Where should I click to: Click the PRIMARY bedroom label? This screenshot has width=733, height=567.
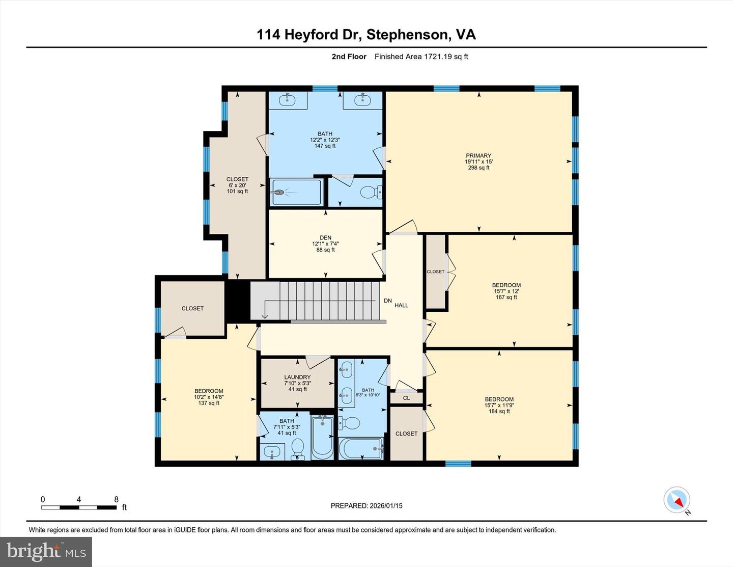[x=478, y=156]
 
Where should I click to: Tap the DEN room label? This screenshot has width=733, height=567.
[x=325, y=237]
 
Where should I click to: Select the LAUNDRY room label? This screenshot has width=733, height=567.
[x=297, y=377]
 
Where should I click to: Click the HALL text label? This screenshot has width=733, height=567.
[x=401, y=305]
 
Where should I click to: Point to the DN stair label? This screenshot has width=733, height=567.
[x=387, y=301]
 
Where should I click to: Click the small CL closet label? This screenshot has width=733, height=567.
[x=406, y=398]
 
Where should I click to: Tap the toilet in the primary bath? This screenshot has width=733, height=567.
[x=369, y=192]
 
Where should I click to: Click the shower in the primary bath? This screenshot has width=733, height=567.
[x=296, y=192]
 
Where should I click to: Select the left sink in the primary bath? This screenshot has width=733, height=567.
[x=288, y=99]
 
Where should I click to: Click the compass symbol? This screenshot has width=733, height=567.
[x=677, y=500]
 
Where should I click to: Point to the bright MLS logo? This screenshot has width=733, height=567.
[x=46, y=551]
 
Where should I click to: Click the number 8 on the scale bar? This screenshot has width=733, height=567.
[x=116, y=499]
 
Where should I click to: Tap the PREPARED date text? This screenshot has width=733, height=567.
[x=366, y=506]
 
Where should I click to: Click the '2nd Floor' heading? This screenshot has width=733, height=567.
[x=349, y=57]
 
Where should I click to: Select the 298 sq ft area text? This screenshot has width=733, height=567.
[x=478, y=168]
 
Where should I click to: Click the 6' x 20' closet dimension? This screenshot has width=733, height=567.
[x=237, y=185]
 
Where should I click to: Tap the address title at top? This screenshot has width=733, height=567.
[x=366, y=34]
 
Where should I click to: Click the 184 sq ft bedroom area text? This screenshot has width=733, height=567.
[x=499, y=412]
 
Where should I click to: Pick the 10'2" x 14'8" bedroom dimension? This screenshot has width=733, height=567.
[x=209, y=397]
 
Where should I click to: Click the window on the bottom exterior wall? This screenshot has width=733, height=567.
[x=458, y=464]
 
